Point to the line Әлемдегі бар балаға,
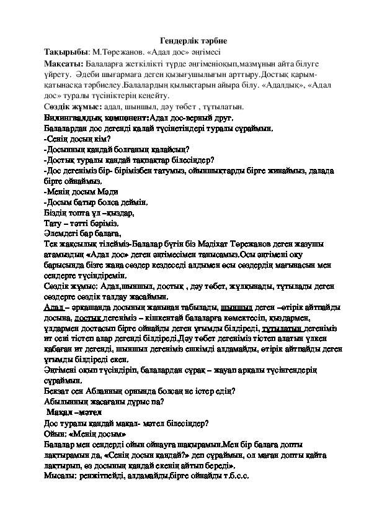tap(82, 234)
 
